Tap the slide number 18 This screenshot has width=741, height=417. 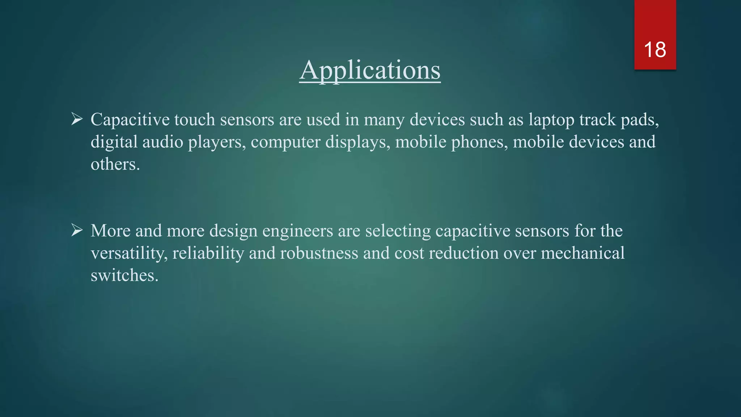(x=655, y=50)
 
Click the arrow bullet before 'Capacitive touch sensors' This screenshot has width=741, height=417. (x=77, y=119)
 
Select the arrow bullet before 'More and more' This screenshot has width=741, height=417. (x=77, y=230)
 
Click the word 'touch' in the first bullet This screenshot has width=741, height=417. (x=195, y=119)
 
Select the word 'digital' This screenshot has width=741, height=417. (x=114, y=142)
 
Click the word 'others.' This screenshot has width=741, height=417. (x=115, y=164)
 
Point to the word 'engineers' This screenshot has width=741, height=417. (x=297, y=231)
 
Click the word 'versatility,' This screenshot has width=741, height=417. (x=129, y=253)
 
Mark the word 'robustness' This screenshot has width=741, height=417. (x=319, y=253)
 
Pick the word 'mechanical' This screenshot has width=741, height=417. (x=583, y=253)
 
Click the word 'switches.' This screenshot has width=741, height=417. (x=124, y=275)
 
